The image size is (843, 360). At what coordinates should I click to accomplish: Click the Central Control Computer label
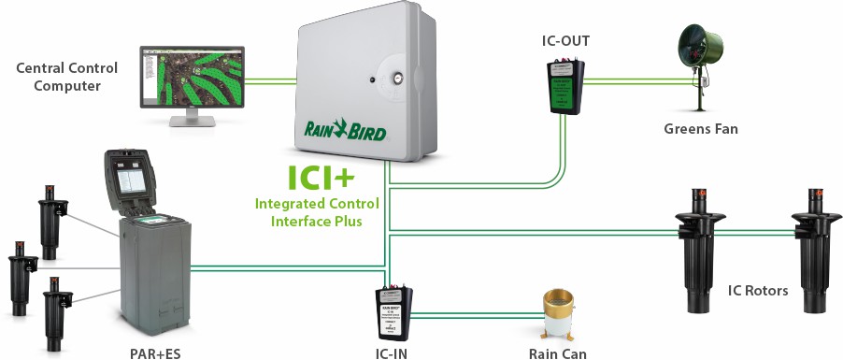tap(58, 77)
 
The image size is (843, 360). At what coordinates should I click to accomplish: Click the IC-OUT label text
tap(565, 41)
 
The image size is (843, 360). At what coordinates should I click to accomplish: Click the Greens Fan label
tap(700, 128)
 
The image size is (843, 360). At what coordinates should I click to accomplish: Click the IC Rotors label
tap(757, 291)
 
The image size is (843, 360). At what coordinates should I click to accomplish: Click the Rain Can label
tap(558, 353)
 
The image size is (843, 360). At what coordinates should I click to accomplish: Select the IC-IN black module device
tap(395, 314)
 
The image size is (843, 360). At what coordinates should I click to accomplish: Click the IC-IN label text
tap(391, 353)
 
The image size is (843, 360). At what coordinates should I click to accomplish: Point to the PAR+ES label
tap(152, 353)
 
